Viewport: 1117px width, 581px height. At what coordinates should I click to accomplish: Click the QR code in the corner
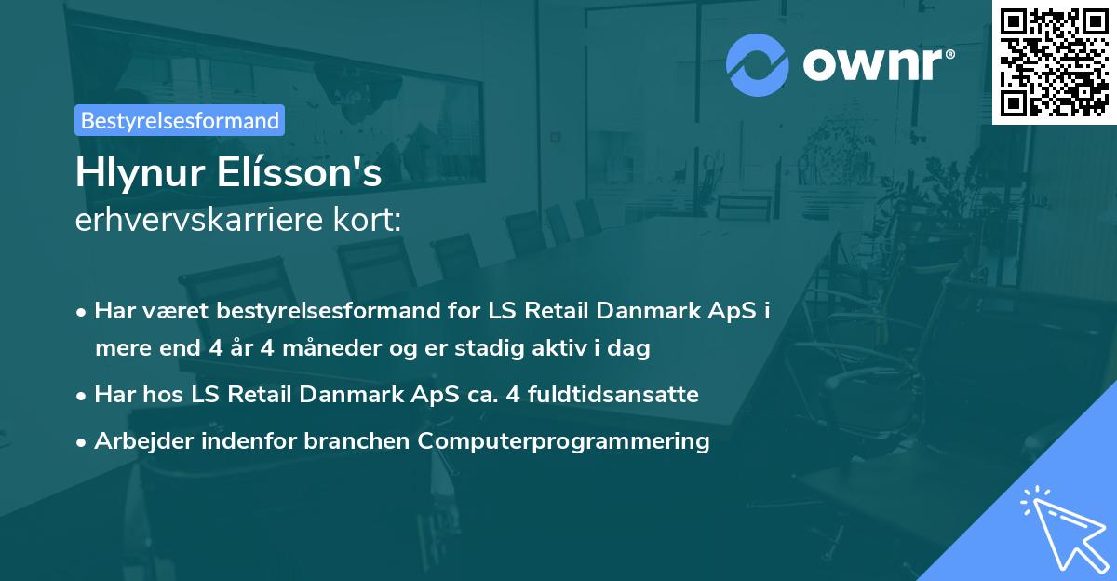click(1054, 61)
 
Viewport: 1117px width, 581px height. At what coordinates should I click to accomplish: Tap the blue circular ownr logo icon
click(758, 64)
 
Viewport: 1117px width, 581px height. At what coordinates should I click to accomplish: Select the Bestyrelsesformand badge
click(180, 120)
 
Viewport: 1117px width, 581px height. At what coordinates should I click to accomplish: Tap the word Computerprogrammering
click(564, 440)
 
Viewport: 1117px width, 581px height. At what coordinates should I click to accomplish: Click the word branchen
click(358, 440)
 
